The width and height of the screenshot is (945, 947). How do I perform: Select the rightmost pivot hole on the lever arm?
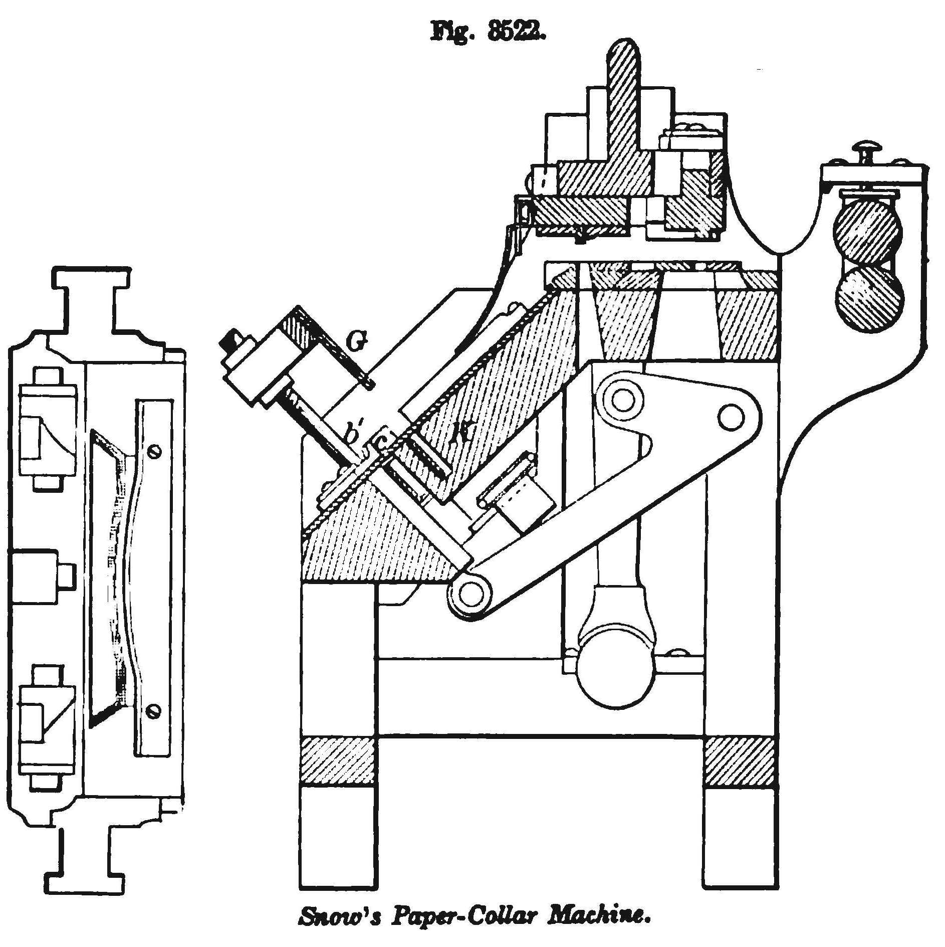tap(731, 417)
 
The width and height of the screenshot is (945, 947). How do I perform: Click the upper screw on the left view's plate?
tap(156, 452)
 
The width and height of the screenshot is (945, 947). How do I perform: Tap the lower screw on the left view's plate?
tap(155, 710)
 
